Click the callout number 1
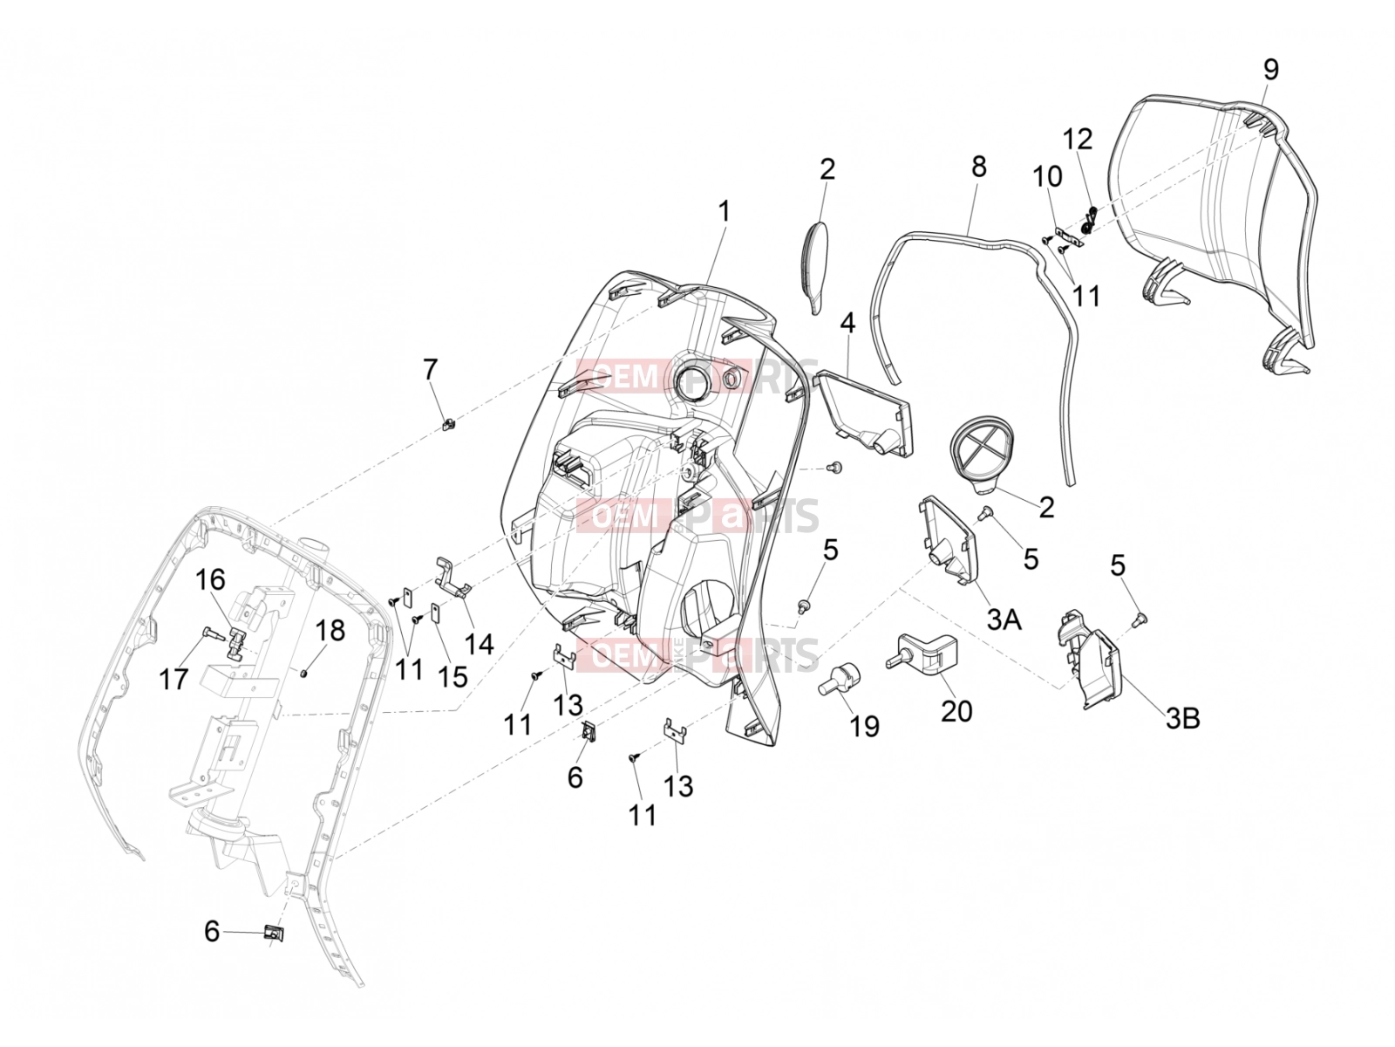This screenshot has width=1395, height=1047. point(724,212)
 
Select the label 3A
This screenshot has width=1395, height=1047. point(1004,619)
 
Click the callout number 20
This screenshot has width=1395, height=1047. point(956,711)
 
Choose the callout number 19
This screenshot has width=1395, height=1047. point(864,726)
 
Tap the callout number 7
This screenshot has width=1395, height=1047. point(430,369)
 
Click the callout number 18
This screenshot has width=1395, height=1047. point(330,631)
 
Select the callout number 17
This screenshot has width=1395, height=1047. point(174,679)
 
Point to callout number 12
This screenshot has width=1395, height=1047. point(1078,139)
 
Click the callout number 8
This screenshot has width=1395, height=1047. point(979,167)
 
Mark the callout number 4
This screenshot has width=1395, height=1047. point(847,323)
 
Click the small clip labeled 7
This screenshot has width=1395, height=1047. point(449,424)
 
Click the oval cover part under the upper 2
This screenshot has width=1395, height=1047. point(814,267)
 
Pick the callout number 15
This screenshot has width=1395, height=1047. point(453,676)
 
